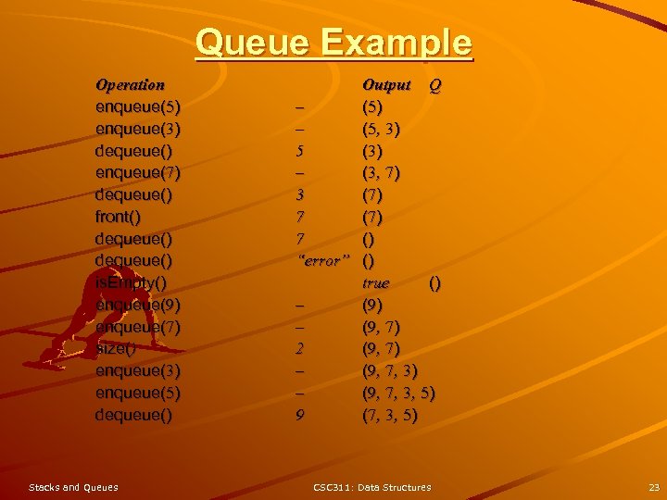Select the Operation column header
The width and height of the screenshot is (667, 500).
pyautogui.click(x=130, y=84)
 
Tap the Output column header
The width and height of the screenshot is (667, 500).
pyautogui.click(x=385, y=85)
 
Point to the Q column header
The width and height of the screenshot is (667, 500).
pyautogui.click(x=434, y=86)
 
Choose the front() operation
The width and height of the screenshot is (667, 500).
pyautogui.click(x=119, y=218)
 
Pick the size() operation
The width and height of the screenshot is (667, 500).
pyautogui.click(x=116, y=349)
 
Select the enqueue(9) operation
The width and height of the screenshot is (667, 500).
pyautogui.click(x=138, y=305)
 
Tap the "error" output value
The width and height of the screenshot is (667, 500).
pyautogui.click(x=322, y=261)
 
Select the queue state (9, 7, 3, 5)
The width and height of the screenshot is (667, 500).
pyautogui.click(x=398, y=394)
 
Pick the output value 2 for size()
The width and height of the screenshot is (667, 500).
pyautogui.click(x=299, y=349)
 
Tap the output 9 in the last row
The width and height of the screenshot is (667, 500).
pyautogui.click(x=299, y=416)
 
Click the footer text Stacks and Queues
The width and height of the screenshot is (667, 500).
pyautogui.click(x=73, y=487)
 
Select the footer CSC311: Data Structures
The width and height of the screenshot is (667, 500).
pyautogui.click(x=371, y=487)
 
